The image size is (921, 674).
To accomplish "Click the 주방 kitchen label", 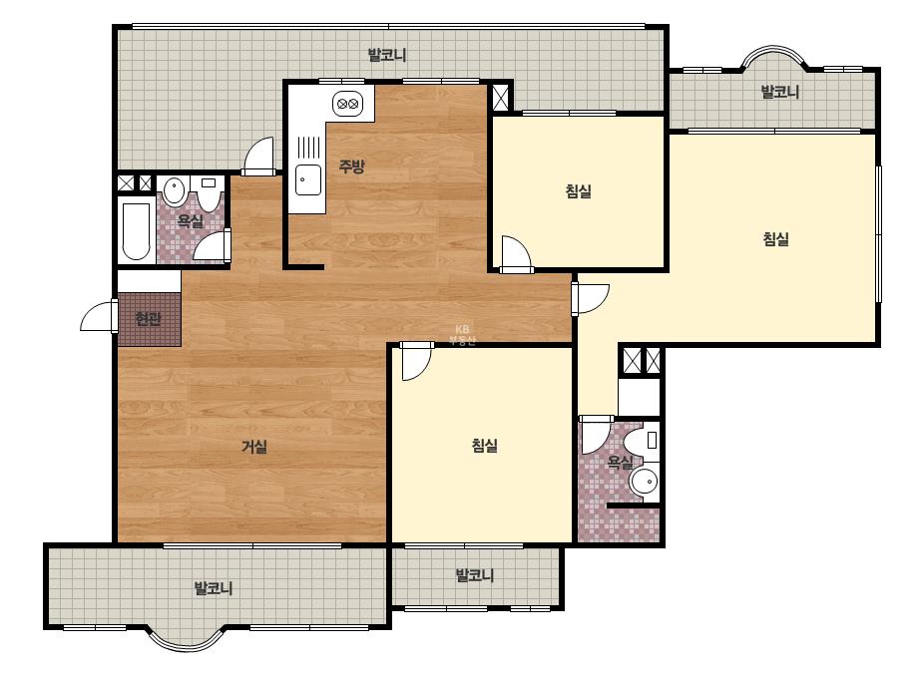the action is click(352, 167).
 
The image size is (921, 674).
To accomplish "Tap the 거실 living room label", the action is click(254, 447).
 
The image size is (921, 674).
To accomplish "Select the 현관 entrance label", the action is click(148, 319).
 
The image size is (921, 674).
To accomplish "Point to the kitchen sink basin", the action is click(307, 179).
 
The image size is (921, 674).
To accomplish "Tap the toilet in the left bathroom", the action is click(208, 193).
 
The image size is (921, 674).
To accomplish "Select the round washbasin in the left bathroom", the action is click(174, 190).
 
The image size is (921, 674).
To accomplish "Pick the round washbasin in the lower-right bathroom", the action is click(645, 482).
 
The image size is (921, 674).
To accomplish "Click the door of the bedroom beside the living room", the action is click(416, 361).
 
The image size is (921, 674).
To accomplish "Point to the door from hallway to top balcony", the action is click(258, 157).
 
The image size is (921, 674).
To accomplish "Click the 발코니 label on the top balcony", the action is click(387, 55).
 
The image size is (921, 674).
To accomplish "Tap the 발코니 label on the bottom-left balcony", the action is click(214, 588).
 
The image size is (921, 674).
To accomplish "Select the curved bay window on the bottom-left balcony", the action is click(186, 640).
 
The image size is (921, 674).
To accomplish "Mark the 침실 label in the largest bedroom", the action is click(776, 239).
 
